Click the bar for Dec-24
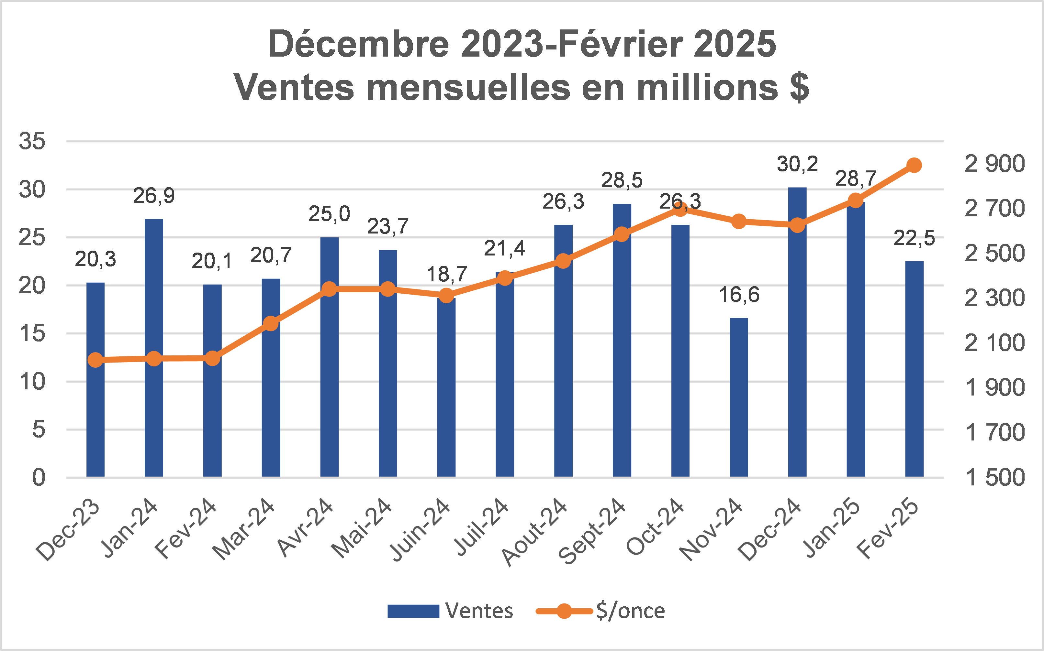coord(797,344)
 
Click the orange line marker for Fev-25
coord(914,165)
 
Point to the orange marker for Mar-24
coord(271,323)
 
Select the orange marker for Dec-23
coord(95,360)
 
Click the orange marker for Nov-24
coord(738,221)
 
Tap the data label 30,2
coord(797,164)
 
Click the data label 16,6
coord(739,295)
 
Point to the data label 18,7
coord(447,274)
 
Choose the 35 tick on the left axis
coord(32,141)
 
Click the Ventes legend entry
coord(450,611)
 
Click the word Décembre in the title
coord(358,44)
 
